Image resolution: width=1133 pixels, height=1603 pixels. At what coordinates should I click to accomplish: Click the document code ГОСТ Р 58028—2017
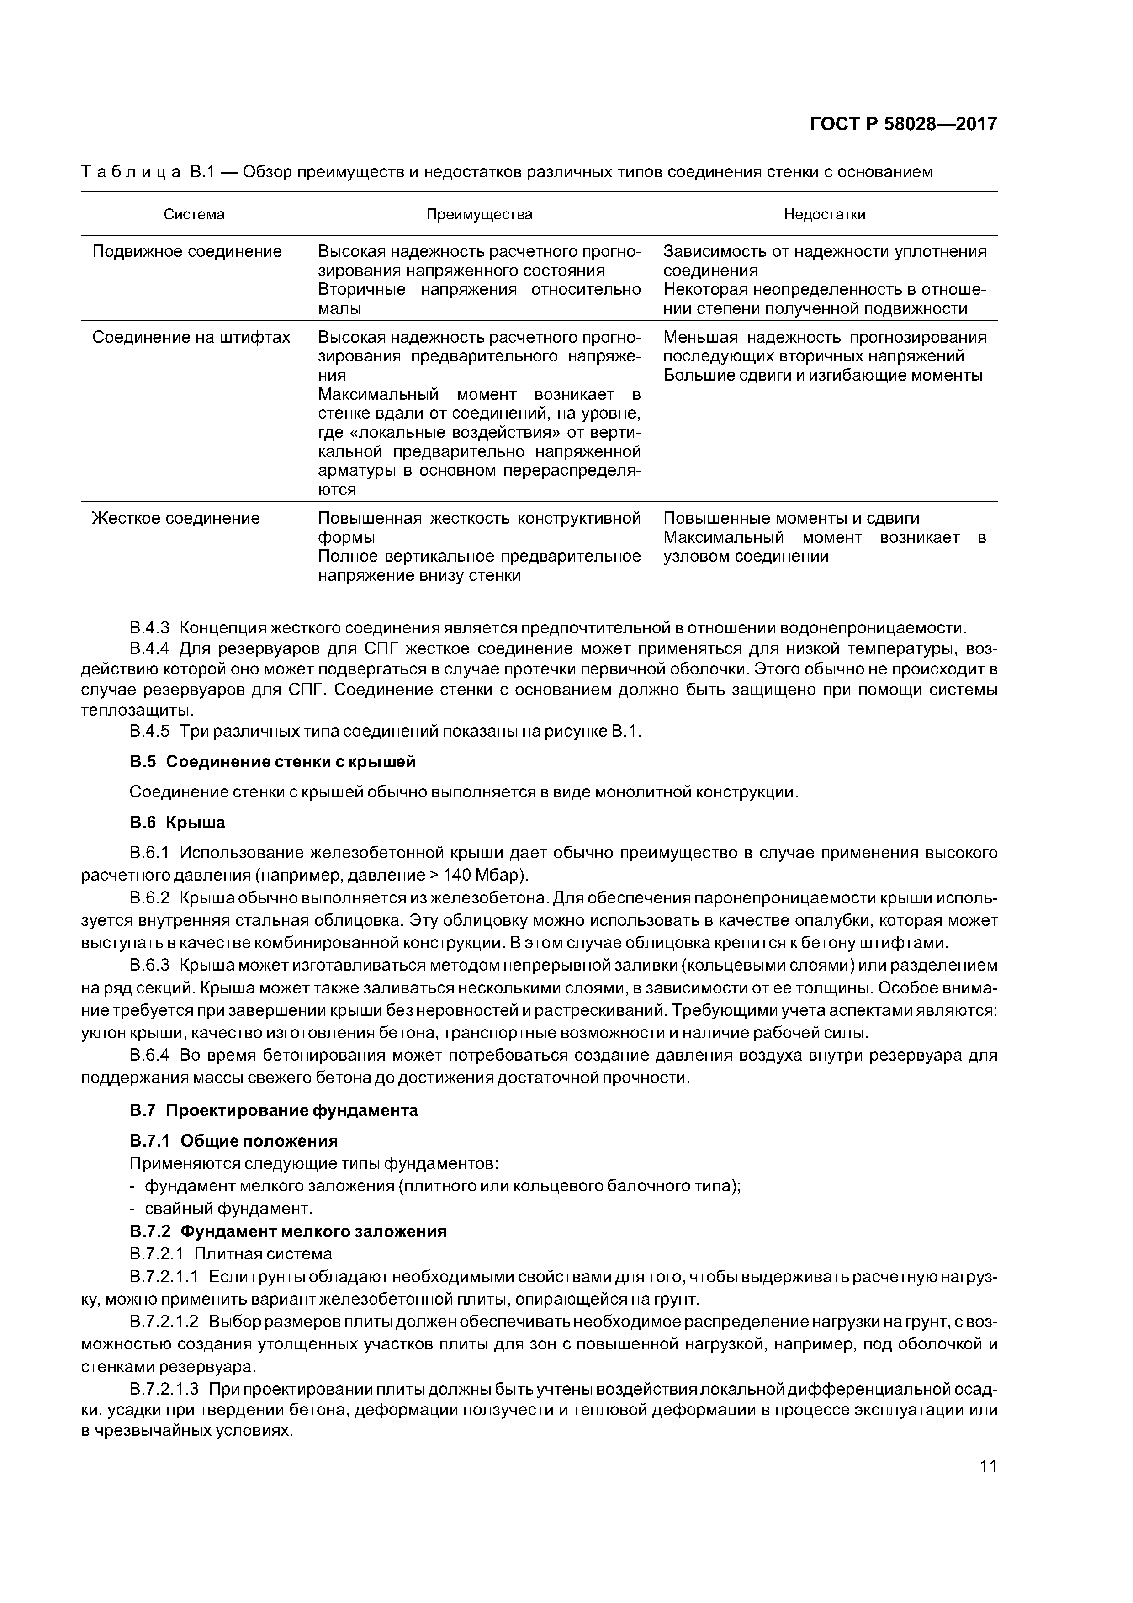pyautogui.click(x=903, y=124)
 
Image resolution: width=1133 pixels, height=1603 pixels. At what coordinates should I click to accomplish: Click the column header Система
pyautogui.click(x=194, y=214)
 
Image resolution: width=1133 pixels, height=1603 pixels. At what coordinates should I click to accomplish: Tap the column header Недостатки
pyautogui.click(x=825, y=214)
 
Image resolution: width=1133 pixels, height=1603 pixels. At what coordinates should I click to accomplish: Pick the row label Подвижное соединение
pyautogui.click(x=187, y=251)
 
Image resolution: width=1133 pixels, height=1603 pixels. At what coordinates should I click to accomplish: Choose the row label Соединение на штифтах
pyautogui.click(x=191, y=337)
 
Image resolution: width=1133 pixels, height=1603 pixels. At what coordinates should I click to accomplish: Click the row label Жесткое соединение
pyautogui.click(x=176, y=518)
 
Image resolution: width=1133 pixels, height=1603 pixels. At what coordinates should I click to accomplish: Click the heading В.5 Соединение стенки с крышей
pyautogui.click(x=272, y=762)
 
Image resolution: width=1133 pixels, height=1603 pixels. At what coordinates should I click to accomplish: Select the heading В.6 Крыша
pyautogui.click(x=177, y=823)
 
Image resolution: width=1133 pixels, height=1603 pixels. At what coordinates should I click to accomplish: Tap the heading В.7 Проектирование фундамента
pyautogui.click(x=274, y=1110)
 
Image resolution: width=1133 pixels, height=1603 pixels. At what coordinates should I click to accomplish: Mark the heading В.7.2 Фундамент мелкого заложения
pyautogui.click(x=288, y=1231)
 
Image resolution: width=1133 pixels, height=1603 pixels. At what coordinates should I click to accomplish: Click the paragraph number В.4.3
pyautogui.click(x=149, y=628)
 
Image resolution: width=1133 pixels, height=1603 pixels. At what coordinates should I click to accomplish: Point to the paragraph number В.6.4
pyautogui.click(x=149, y=1055)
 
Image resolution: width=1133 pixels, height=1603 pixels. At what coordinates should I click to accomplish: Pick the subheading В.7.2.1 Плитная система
pyautogui.click(x=230, y=1254)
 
